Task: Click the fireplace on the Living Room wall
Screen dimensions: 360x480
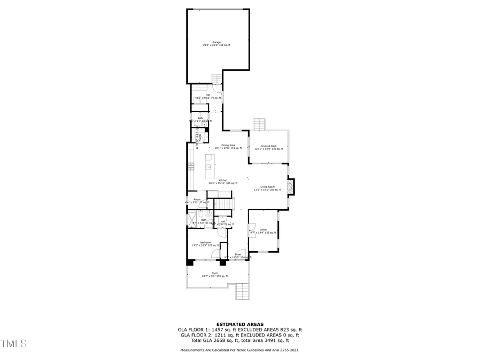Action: coord(290,187)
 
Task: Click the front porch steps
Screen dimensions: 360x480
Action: coord(243,291)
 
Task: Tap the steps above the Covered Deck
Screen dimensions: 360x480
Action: coord(259,124)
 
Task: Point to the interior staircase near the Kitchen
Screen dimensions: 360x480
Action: coord(224,205)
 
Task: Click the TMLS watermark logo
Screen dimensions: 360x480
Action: coord(13,343)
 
